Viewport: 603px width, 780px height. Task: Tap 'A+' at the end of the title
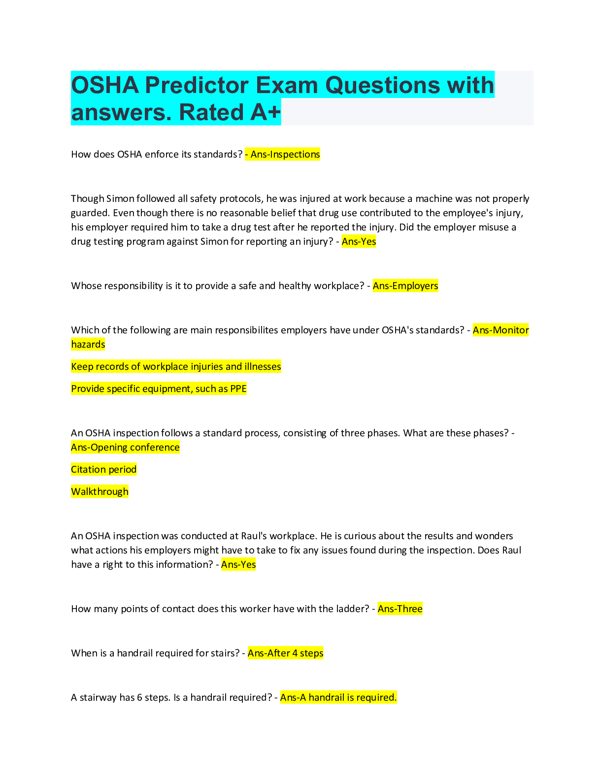pyautogui.click(x=266, y=112)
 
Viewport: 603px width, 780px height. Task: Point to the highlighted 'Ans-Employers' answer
pyautogui.click(x=405, y=286)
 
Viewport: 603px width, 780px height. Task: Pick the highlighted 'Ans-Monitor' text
pyautogui.click(x=501, y=330)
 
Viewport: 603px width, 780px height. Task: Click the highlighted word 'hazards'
pyautogui.click(x=88, y=344)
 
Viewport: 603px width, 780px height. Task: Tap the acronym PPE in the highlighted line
pyautogui.click(x=238, y=389)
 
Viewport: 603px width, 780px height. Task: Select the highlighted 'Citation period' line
pyautogui.click(x=104, y=469)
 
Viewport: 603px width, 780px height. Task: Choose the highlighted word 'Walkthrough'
pyautogui.click(x=100, y=491)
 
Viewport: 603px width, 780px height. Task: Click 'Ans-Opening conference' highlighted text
pyautogui.click(x=125, y=447)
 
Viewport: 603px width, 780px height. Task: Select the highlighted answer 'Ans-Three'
pyautogui.click(x=400, y=609)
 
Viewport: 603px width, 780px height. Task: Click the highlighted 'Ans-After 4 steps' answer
pyautogui.click(x=286, y=653)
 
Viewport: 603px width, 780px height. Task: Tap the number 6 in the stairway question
pyautogui.click(x=139, y=697)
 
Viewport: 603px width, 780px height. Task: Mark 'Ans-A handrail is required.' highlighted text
pyautogui.click(x=338, y=697)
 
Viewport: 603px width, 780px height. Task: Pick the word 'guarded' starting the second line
pyautogui.click(x=89, y=213)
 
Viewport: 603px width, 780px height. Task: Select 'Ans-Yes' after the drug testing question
pyautogui.click(x=359, y=242)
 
